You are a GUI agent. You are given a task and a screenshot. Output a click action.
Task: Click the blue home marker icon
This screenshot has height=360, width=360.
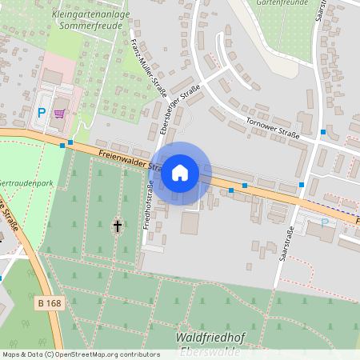(180, 172)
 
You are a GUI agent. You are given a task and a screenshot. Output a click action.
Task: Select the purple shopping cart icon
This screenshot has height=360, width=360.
(58, 113)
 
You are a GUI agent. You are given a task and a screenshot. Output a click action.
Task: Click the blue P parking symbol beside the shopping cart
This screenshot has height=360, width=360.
(42, 113)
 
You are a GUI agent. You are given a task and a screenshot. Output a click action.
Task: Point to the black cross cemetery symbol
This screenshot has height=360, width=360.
(118, 226)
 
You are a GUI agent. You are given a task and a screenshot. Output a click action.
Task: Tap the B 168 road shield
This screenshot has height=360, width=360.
(49, 303)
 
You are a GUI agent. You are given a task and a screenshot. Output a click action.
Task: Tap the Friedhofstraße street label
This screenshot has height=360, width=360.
(149, 205)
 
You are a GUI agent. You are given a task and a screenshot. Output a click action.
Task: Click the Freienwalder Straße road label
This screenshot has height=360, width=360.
(120, 158)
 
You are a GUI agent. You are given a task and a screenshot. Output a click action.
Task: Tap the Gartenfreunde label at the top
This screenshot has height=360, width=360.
(281, 3)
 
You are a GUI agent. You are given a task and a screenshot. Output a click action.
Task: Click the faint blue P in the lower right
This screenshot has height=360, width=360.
(324, 222)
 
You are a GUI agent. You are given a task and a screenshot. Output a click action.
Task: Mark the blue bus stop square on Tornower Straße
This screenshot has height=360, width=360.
(323, 131)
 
